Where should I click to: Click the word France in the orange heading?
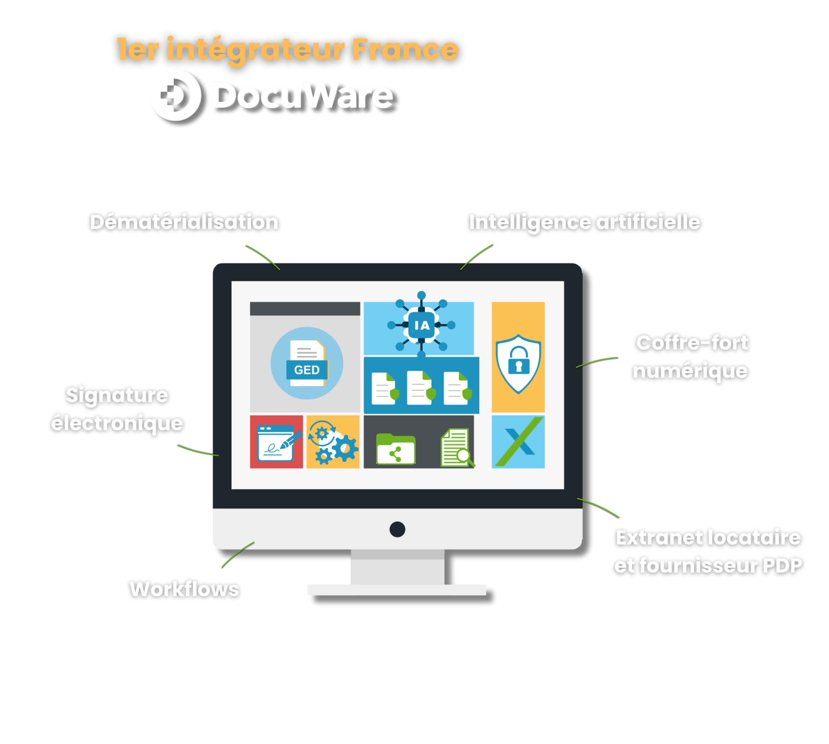click(x=405, y=49)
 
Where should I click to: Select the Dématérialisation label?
click(x=184, y=222)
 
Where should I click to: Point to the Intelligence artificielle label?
click(x=585, y=223)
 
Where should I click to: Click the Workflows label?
click(x=184, y=589)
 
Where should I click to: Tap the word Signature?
click(x=117, y=396)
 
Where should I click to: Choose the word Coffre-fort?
click(x=692, y=342)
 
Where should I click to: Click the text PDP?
click(x=783, y=566)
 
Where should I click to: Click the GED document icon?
click(x=307, y=363)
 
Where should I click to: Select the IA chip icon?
click(x=421, y=325)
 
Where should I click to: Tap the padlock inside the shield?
click(x=519, y=360)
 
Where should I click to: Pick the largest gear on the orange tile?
click(x=345, y=449)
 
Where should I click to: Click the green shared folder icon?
click(x=395, y=449)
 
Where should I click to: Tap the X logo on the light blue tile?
click(x=519, y=442)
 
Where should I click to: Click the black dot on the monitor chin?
click(x=397, y=529)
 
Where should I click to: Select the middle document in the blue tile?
click(x=421, y=388)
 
